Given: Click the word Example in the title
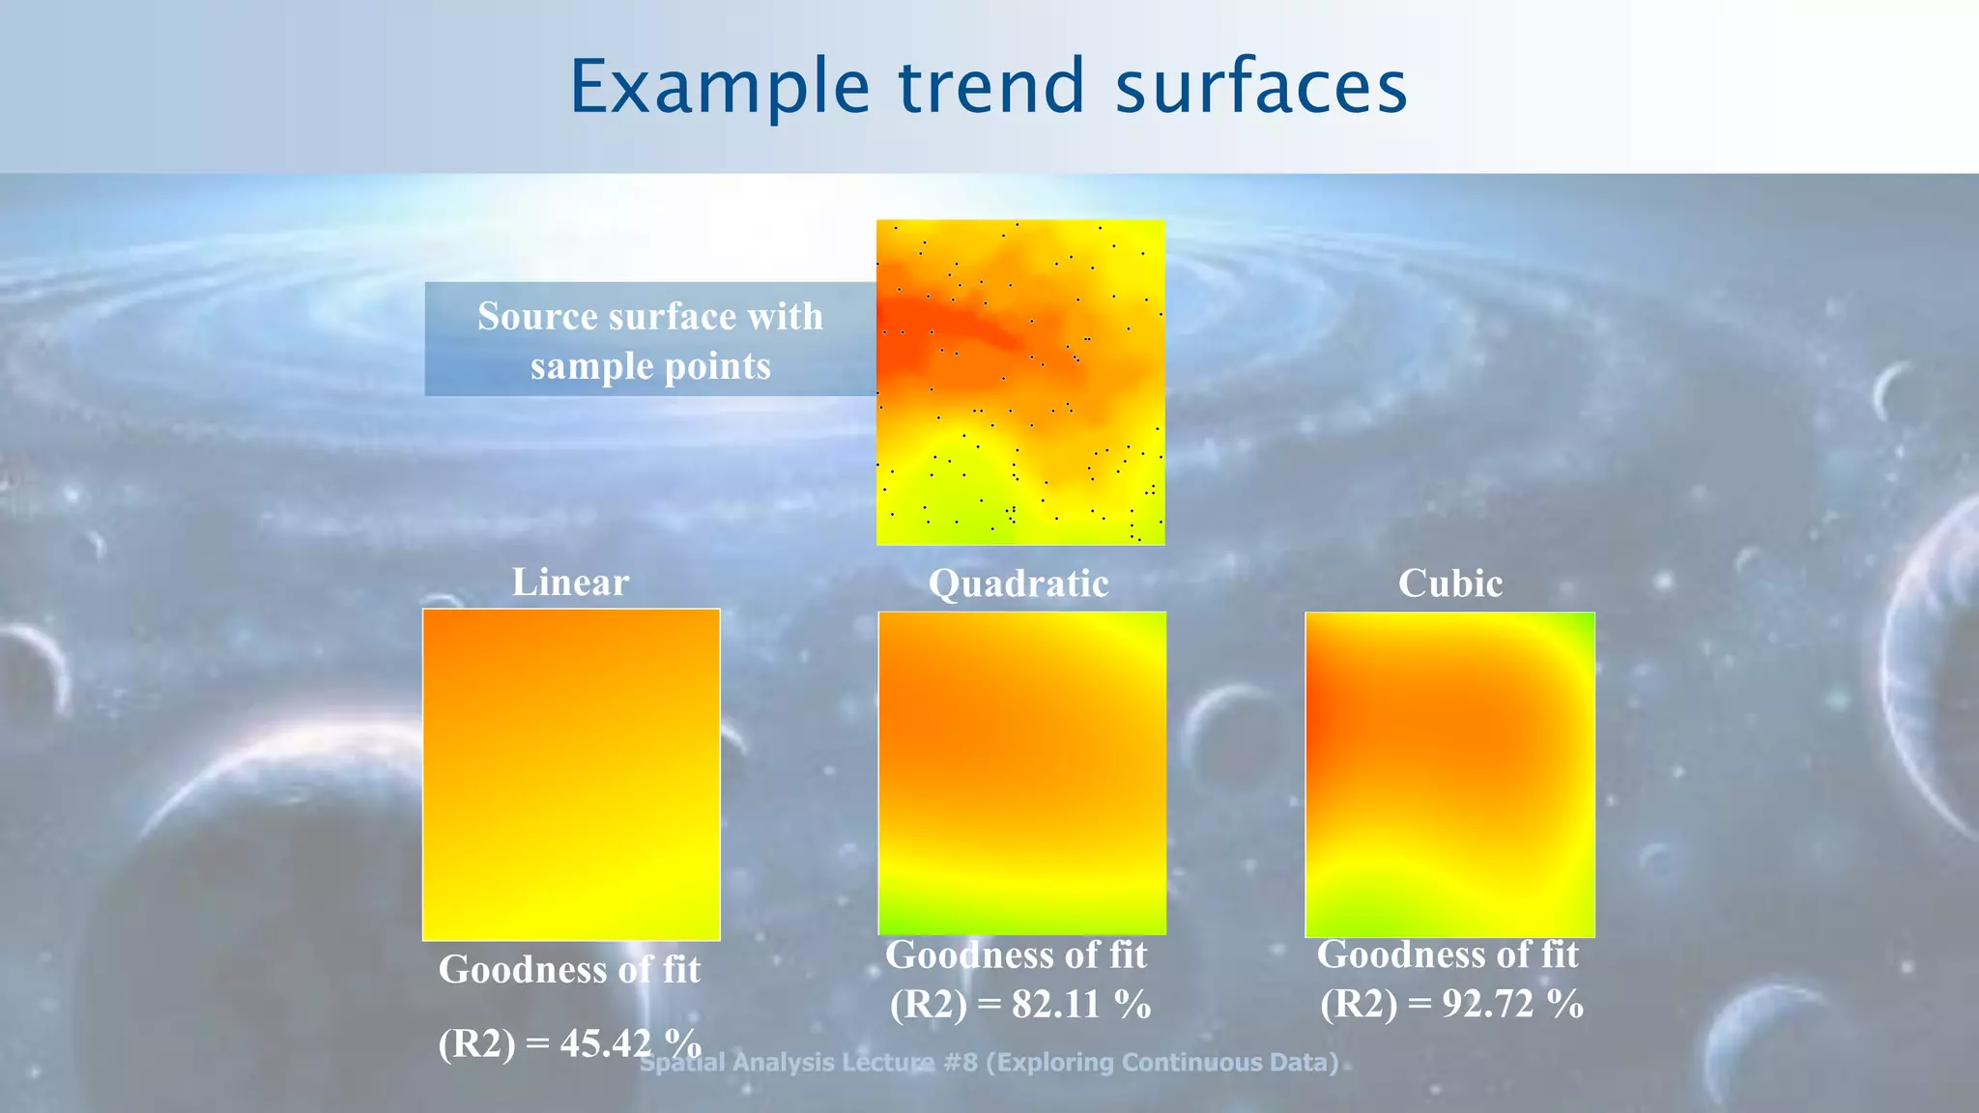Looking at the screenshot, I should tap(720, 87).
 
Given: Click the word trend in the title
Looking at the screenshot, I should tap(992, 87).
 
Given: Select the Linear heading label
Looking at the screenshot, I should tap(570, 583).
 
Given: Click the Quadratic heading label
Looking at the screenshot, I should tap(1018, 584).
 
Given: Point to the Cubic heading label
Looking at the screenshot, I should tap(1449, 584).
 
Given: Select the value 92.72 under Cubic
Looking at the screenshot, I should tap(1488, 1005).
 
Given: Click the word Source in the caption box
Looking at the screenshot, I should tap(539, 317).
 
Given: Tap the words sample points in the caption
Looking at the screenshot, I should tap(650, 367).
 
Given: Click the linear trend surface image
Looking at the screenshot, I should tap(571, 774).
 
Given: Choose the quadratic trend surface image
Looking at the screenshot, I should tap(1021, 773).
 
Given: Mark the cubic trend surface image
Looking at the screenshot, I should tap(1449, 774).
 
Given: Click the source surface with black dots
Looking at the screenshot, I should tap(1020, 383).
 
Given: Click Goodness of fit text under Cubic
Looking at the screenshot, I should tap(1448, 955).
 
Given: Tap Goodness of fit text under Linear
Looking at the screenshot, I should tap(569, 970).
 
